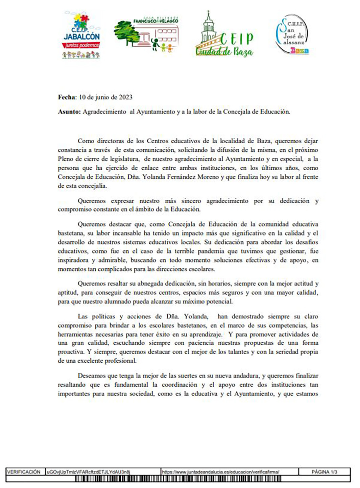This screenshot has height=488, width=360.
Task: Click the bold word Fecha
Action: click(67, 97)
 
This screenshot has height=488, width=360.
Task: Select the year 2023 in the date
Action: click(125, 97)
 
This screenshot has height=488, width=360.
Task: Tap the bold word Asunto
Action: click(69, 112)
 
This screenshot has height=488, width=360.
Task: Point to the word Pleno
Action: click(66, 159)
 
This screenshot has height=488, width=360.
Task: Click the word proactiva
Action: click(71, 352)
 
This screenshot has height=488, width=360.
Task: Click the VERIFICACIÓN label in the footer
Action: click(24, 472)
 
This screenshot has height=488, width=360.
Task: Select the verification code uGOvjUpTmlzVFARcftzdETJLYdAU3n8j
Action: click(88, 472)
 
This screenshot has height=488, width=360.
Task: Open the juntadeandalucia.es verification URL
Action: click(220, 472)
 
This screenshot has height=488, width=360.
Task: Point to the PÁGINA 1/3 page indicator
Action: click(324, 472)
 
